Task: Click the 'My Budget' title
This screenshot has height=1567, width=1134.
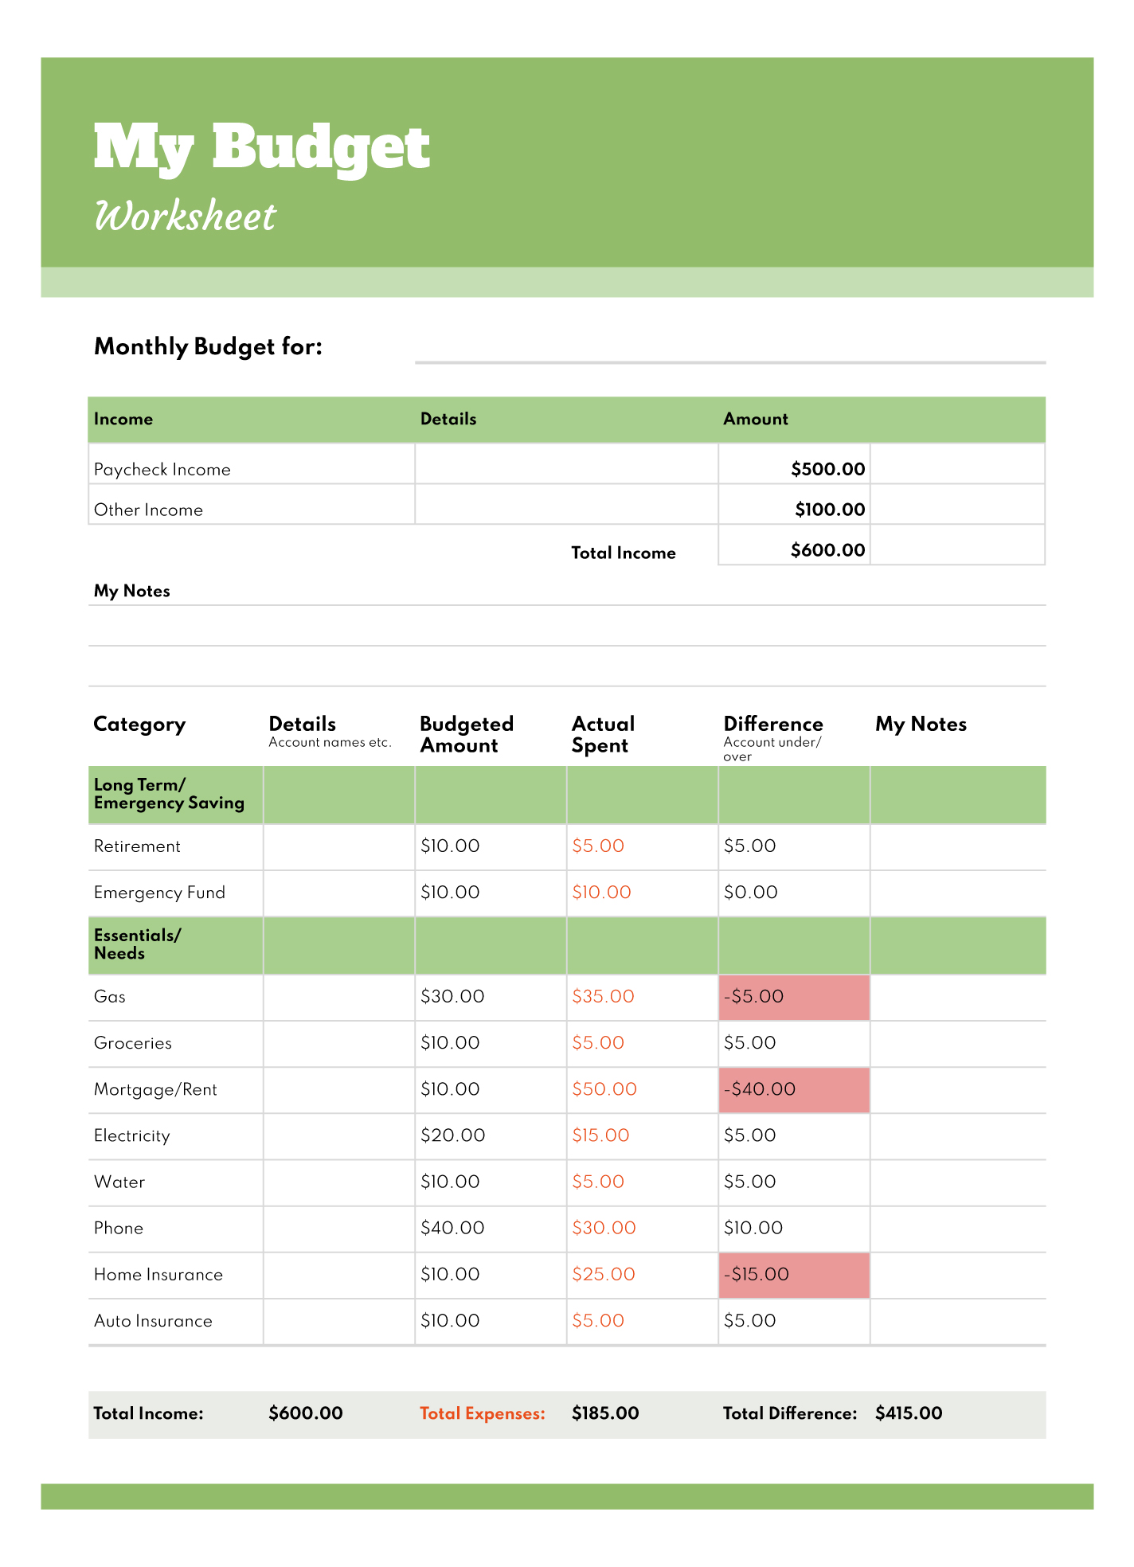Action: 261,148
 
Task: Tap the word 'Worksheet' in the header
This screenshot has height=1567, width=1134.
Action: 185,217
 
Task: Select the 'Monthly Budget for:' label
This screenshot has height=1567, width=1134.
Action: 208,346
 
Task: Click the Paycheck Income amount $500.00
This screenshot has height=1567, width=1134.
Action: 827,469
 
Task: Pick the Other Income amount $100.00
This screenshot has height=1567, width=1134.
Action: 829,510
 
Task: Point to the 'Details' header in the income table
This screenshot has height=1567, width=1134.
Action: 448,419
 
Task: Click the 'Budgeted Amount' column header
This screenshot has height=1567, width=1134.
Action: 466,734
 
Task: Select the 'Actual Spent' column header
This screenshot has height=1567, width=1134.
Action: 603,734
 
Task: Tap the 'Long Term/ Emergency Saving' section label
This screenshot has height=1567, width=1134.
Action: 169,794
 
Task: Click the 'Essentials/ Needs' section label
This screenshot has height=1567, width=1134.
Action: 137,944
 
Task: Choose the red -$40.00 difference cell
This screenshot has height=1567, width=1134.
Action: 793,1089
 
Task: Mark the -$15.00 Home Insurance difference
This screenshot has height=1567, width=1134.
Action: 793,1274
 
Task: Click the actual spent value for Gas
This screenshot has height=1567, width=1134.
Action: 603,997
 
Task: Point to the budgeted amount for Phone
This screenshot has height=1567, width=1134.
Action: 452,1228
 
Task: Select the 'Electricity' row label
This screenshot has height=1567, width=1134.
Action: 131,1135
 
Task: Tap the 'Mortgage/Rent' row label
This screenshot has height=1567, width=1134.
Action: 155,1089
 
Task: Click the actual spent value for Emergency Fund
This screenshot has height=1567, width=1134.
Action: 601,893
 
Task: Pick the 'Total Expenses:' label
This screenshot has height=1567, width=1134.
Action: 483,1413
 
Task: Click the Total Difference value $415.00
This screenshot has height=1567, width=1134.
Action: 909,1413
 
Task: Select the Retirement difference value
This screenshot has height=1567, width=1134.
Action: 749,846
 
